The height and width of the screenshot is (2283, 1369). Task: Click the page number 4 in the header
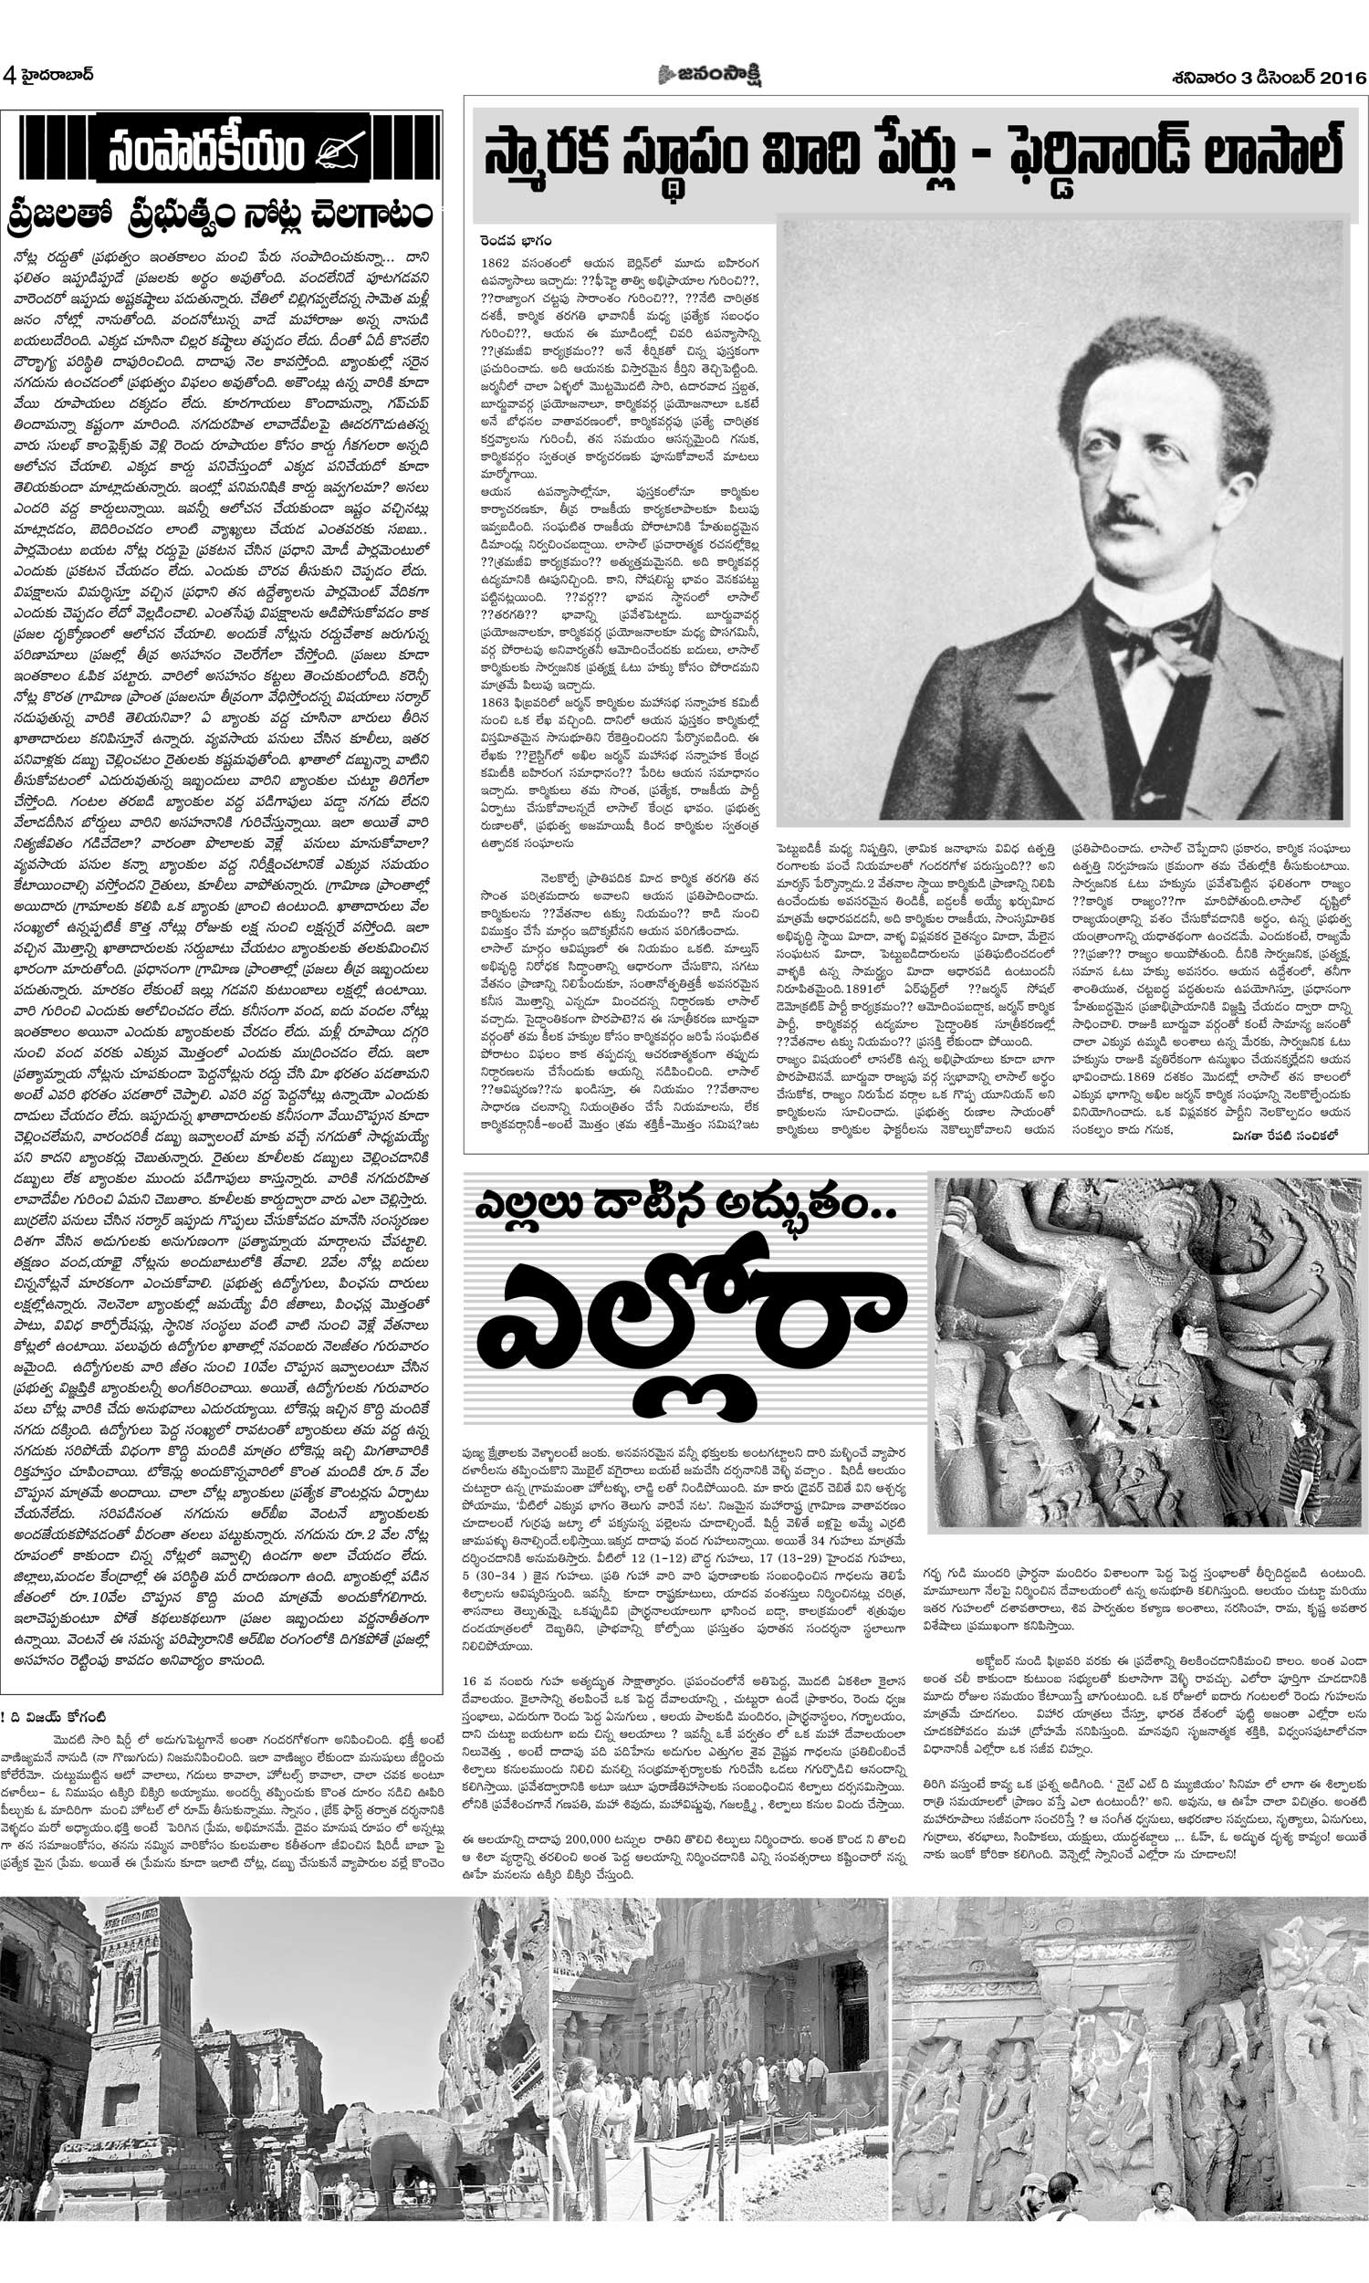[8, 75]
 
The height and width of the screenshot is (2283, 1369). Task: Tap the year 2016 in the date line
[1338, 79]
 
